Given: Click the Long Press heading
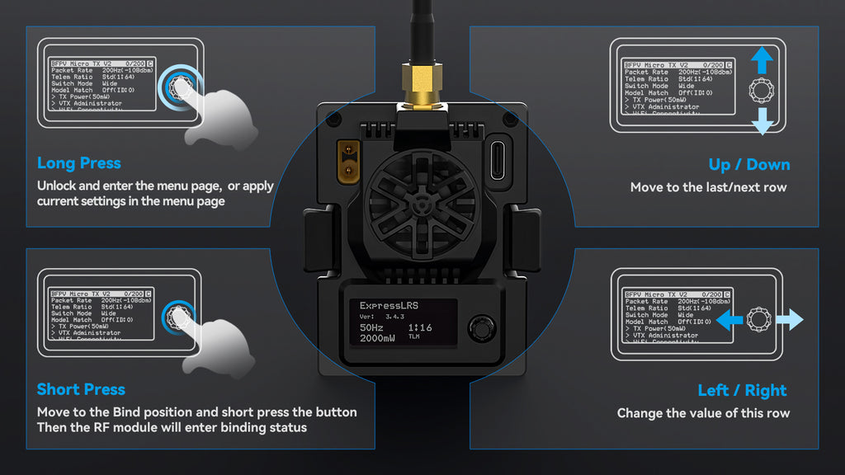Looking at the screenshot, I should [x=78, y=163].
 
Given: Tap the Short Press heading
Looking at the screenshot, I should [x=81, y=389].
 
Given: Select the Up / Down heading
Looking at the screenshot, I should [x=748, y=164].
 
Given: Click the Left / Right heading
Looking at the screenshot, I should [x=742, y=390].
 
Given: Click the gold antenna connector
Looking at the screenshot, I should [x=422, y=87].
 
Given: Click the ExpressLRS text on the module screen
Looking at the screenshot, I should [x=389, y=306].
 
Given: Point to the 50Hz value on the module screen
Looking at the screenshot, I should [x=371, y=327].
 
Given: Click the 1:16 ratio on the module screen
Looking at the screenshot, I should [x=420, y=327].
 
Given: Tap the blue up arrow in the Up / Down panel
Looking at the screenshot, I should [x=762, y=60].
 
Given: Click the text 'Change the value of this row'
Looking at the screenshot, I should [x=703, y=413].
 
